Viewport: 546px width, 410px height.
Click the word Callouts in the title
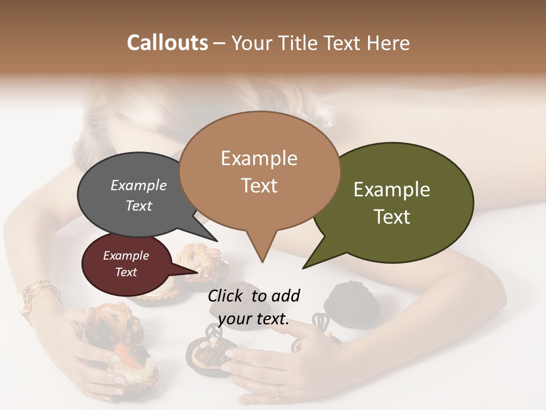coord(167,43)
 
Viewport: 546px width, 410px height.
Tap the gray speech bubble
coord(131,196)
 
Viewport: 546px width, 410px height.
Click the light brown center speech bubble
coord(259,171)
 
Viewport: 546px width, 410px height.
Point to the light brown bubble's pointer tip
coord(262,261)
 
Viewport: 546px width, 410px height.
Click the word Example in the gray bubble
coord(138,186)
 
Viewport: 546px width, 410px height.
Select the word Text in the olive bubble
coord(392,217)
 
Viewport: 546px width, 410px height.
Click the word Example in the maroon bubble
coord(126,256)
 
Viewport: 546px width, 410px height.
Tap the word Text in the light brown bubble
coord(259,186)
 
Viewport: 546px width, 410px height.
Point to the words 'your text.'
coord(254,319)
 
